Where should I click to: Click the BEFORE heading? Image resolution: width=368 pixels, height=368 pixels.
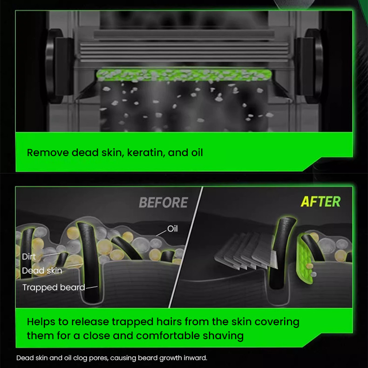click(x=163, y=202)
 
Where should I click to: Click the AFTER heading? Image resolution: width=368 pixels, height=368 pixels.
click(x=320, y=201)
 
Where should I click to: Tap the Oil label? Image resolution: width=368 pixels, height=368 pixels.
click(x=172, y=229)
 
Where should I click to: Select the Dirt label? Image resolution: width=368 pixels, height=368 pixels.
click(x=29, y=257)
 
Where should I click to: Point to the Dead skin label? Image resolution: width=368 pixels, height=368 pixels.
click(x=42, y=271)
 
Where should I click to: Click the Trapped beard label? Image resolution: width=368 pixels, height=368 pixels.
click(x=54, y=287)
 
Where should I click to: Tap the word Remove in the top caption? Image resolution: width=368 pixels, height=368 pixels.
click(x=48, y=152)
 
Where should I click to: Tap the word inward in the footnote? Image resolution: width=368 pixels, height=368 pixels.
click(x=194, y=358)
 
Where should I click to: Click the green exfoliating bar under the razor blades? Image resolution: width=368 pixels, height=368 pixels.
click(x=184, y=75)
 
